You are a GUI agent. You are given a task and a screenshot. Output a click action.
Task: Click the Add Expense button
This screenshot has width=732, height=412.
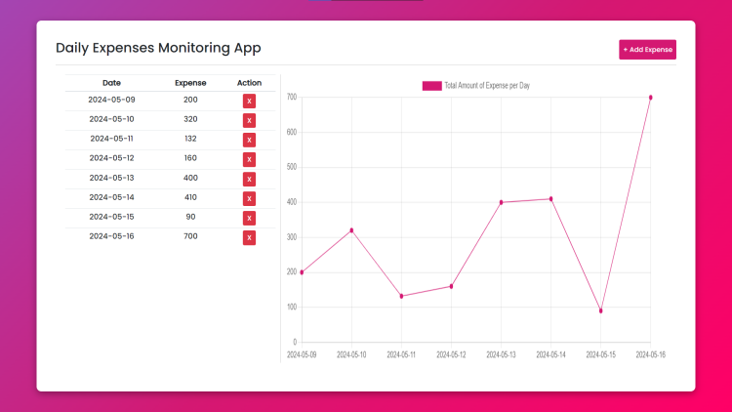[x=647, y=50]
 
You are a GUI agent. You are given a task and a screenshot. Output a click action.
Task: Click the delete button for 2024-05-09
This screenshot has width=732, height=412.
[x=249, y=101]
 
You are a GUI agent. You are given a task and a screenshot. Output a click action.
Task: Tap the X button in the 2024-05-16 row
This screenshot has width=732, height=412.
[x=249, y=237]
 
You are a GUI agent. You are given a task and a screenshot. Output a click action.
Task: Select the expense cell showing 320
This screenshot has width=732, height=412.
[x=190, y=119]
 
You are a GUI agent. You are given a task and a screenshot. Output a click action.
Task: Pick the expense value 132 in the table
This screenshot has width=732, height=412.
[x=190, y=139]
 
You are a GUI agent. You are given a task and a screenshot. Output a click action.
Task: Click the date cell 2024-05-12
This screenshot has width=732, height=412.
[x=111, y=158]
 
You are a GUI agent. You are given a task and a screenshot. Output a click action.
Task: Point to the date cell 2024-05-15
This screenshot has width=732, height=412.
[x=111, y=217]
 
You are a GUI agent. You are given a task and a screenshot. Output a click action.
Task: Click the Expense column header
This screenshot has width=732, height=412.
[x=190, y=83]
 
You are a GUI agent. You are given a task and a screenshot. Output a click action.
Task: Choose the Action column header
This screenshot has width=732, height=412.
[x=249, y=83]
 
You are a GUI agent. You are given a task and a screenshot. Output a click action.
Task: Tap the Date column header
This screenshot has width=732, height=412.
[x=111, y=83]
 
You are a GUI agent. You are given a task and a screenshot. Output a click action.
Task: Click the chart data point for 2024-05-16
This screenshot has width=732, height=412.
[x=650, y=98]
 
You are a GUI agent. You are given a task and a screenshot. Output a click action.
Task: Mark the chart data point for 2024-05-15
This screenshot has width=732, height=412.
[x=600, y=310]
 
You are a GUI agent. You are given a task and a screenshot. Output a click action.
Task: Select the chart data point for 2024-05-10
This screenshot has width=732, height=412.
[x=351, y=230]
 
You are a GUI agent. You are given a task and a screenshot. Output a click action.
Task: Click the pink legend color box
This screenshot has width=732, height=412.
[x=431, y=86]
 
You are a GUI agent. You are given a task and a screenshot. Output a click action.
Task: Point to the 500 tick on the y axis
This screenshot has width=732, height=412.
[x=292, y=167]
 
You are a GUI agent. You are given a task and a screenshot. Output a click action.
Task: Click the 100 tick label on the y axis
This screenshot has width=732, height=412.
[x=292, y=308]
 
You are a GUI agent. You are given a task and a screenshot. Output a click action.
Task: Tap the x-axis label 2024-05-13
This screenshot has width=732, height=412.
[x=501, y=355]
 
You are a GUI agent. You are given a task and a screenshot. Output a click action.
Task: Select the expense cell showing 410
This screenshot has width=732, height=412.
[x=190, y=197]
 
